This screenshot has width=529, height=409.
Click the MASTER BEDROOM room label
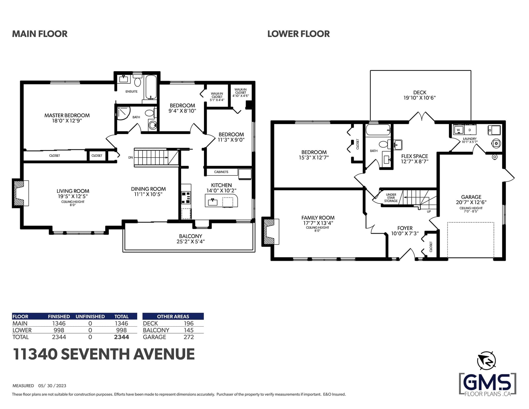click(x=67, y=115)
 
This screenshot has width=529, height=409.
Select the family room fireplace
click(x=270, y=232)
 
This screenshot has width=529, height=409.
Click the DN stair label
click(x=131, y=158)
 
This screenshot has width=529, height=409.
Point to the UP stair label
click(x=429, y=211)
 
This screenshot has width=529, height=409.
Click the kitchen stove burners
click(x=186, y=198)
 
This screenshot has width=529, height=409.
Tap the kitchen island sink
click(x=213, y=202)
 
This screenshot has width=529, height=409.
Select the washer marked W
click(x=458, y=130)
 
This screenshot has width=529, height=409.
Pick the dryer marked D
click(x=469, y=130)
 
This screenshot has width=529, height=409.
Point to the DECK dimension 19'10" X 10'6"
click(x=420, y=98)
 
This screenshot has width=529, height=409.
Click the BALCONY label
click(x=191, y=236)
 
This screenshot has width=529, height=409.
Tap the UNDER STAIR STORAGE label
click(x=391, y=198)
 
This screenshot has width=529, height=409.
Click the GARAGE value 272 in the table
click(x=189, y=337)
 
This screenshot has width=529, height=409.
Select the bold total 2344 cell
click(x=121, y=337)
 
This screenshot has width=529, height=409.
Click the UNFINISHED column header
click(x=90, y=316)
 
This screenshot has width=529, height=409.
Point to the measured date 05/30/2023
click(x=52, y=386)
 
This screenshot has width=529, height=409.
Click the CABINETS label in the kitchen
click(x=221, y=172)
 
